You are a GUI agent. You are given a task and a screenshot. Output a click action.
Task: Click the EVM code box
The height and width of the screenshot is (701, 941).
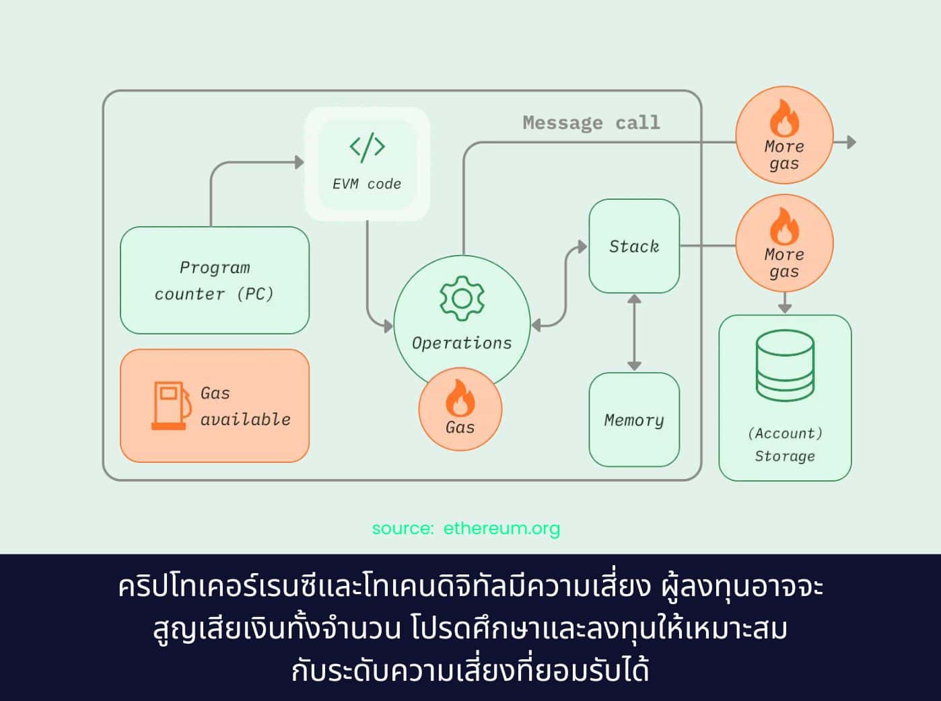[x=367, y=165]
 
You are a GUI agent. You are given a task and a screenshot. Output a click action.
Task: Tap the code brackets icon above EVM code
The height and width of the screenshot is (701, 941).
[x=367, y=147]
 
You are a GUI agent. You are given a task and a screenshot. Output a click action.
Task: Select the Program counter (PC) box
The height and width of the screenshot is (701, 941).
[x=215, y=281]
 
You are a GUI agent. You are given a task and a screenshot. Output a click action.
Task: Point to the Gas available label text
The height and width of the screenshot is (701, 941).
[x=245, y=406]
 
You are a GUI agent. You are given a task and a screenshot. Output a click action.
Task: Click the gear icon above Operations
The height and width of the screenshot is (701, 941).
[x=462, y=298]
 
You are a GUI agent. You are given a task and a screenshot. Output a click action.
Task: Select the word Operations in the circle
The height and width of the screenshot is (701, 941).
[x=462, y=343]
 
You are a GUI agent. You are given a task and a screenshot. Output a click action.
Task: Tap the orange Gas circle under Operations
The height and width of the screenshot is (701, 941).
[x=460, y=409]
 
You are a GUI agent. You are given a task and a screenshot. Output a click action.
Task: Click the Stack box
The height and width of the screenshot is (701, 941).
[x=634, y=246]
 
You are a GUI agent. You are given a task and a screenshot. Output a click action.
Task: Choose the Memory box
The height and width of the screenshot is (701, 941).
[x=634, y=420]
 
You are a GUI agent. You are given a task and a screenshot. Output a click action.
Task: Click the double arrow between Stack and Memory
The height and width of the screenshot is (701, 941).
[x=634, y=333]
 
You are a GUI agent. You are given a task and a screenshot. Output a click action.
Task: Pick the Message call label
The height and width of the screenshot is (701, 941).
[x=591, y=122]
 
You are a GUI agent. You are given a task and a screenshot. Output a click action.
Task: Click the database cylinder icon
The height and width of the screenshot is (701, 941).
[x=785, y=366]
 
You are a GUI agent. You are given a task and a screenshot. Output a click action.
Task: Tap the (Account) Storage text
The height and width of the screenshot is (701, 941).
[x=785, y=445]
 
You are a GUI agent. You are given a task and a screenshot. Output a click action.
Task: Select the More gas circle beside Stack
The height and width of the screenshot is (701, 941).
[x=784, y=244]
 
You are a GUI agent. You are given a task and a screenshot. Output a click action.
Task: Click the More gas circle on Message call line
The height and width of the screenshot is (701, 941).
[x=784, y=135]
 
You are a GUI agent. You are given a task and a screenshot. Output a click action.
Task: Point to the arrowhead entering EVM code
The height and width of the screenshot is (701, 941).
[x=300, y=162]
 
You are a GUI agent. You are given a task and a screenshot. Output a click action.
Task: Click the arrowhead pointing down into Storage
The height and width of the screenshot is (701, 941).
[x=785, y=307]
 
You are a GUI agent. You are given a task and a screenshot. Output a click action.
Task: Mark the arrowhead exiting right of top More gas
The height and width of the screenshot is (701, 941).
[x=851, y=142]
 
